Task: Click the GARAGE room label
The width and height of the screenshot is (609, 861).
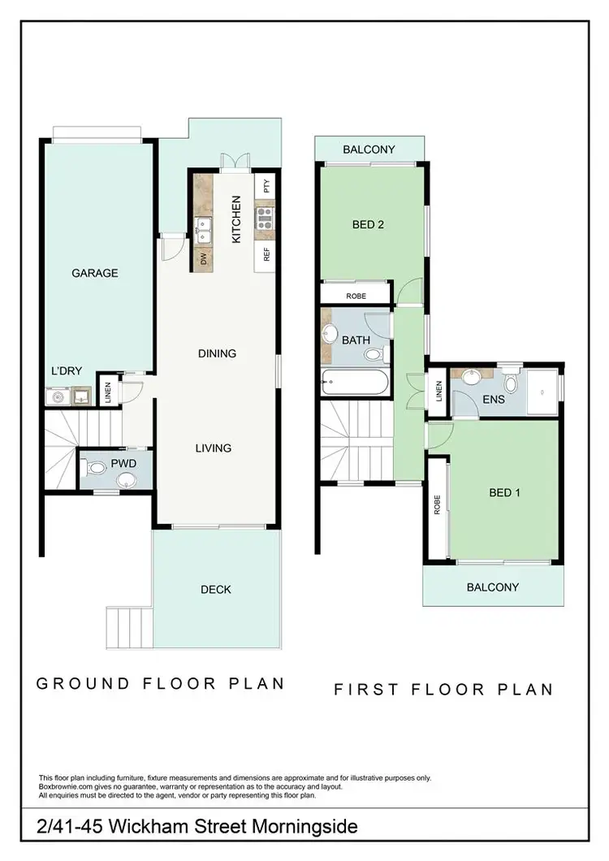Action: [95, 273]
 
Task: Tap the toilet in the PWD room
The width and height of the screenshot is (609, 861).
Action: [97, 467]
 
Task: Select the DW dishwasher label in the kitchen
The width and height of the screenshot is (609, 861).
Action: [203, 259]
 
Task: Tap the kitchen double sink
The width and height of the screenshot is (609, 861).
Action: [203, 227]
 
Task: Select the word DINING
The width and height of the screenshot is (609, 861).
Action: [217, 353]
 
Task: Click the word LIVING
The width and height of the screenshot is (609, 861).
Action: [213, 448]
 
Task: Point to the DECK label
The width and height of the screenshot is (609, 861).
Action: [216, 590]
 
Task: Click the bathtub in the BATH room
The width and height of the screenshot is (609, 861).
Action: [356, 382]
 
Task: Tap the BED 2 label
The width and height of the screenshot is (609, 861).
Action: [368, 225]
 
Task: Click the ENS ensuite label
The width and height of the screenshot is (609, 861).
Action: [493, 399]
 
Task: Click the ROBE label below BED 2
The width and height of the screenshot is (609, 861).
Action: [356, 296]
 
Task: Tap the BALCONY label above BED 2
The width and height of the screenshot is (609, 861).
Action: [369, 149]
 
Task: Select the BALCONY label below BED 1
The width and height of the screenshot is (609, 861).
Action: [492, 587]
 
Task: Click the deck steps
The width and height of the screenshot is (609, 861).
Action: [129, 626]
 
